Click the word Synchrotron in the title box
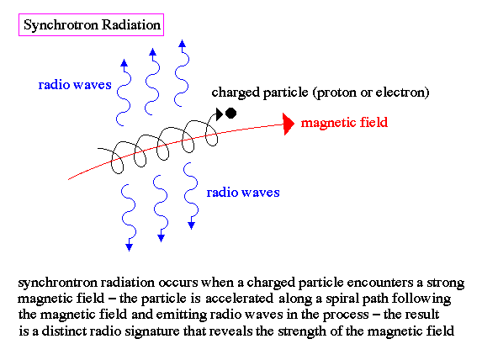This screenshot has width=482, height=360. tap(61, 25)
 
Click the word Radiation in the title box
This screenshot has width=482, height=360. tap(131, 24)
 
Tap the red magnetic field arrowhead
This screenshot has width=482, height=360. tap(289, 124)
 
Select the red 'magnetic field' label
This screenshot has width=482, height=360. tap(344, 123)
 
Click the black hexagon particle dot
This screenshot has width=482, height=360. tap(230, 114)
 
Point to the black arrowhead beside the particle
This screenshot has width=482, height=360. tap(220, 114)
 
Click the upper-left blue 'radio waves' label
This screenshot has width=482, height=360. tap(75, 85)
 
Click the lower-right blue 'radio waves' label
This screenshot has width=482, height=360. tap(243, 193)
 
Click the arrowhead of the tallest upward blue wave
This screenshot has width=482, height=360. tap(182, 44)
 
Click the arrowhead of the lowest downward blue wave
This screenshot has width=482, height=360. tap(129, 246)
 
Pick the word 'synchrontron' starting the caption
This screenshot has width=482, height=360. tap(56, 283)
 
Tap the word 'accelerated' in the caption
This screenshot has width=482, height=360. tap(239, 299)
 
